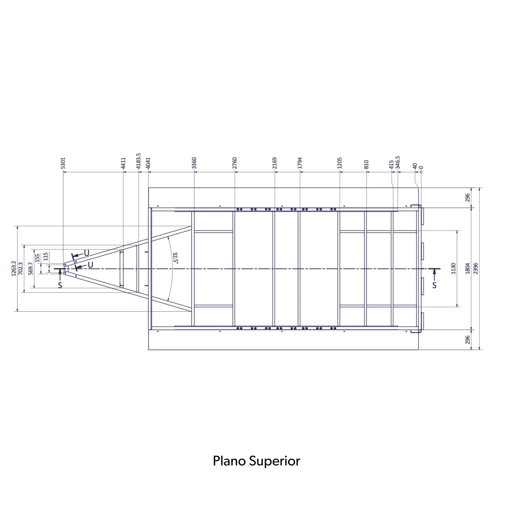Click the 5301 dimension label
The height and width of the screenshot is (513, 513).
63,163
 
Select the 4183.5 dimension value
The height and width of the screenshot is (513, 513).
138,161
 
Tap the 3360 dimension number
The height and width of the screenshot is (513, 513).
194,163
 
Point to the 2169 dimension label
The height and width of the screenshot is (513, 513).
275,163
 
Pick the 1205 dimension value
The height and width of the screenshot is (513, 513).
339,163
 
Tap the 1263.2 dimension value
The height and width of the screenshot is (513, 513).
14,268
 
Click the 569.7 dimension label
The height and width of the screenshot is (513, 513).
31,269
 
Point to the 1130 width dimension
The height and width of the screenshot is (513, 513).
454,268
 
